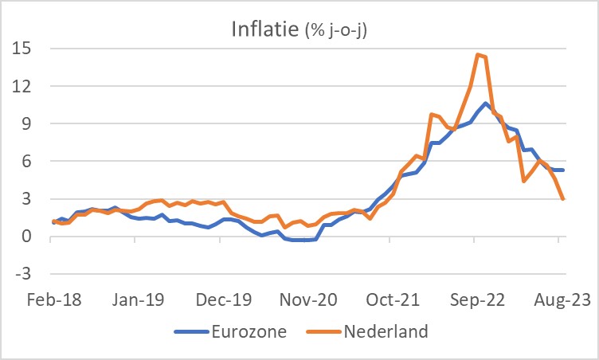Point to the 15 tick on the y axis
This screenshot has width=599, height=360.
pos(22,49)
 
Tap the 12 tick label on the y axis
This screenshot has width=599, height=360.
pos(22,86)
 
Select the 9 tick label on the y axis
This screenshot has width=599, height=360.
pos(25,123)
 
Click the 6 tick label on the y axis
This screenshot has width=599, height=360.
pos(25,161)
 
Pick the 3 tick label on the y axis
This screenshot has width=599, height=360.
pos(25,199)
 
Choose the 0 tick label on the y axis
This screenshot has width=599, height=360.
pos(25,237)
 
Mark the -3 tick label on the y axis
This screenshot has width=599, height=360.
pos(22,274)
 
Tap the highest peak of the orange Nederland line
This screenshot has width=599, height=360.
pos(477,54)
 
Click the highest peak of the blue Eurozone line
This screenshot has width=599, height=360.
pos(486,104)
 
